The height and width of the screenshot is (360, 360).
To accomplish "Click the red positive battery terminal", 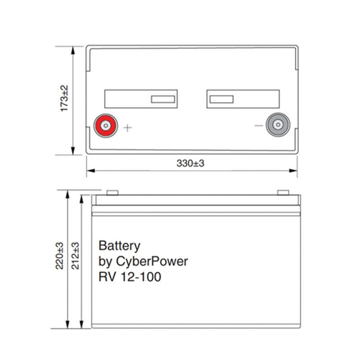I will pyautogui.click(x=105, y=125).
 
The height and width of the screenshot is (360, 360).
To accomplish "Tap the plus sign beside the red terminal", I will pyautogui.click(x=128, y=128).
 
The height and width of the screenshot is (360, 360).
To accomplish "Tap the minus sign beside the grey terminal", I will pyautogui.click(x=258, y=126).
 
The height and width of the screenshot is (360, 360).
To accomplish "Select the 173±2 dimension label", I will pyautogui.click(x=64, y=99).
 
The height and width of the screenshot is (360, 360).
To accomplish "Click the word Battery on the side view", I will pyautogui.click(x=119, y=246).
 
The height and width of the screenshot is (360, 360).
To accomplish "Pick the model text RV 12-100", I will pyautogui.click(x=130, y=277).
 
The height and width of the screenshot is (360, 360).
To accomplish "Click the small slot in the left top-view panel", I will pyautogui.click(x=163, y=99).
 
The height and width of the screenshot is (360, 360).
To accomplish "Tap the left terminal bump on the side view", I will pyautogui.click(x=112, y=193).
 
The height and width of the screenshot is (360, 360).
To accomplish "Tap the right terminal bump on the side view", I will pyautogui.click(x=283, y=193).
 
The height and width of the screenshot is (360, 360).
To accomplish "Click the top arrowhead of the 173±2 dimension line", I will pyautogui.click(x=73, y=48).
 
